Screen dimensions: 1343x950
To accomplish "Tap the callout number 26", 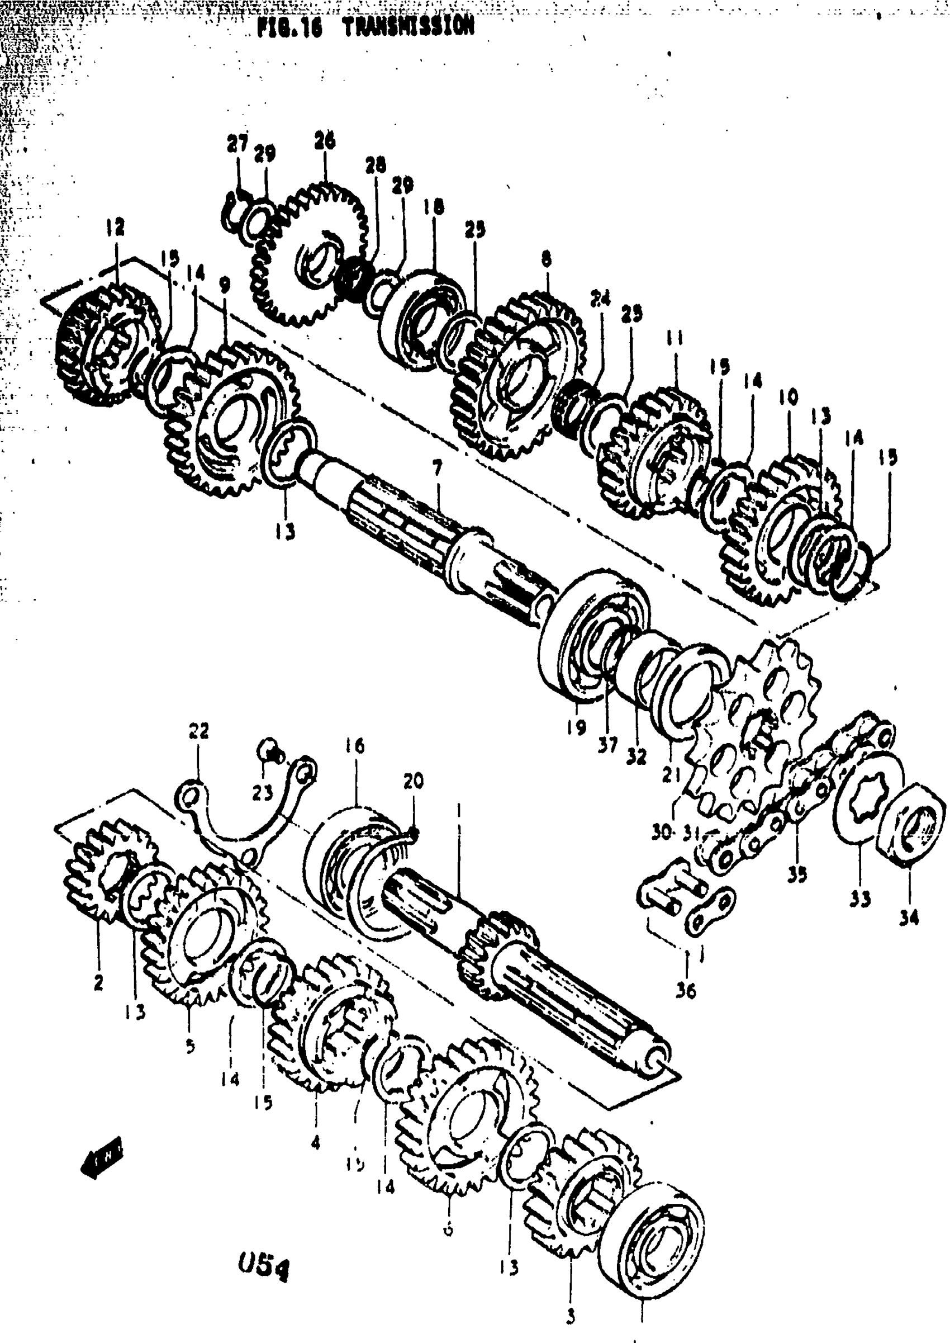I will (325, 141).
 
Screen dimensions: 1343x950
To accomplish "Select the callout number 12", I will (115, 226).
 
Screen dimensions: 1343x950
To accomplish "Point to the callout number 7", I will (437, 468).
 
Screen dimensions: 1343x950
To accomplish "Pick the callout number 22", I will (199, 731).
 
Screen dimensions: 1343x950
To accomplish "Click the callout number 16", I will (354, 746).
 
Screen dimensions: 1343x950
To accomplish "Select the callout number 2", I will (98, 982).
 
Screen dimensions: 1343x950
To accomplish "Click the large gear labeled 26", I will (310, 254).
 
